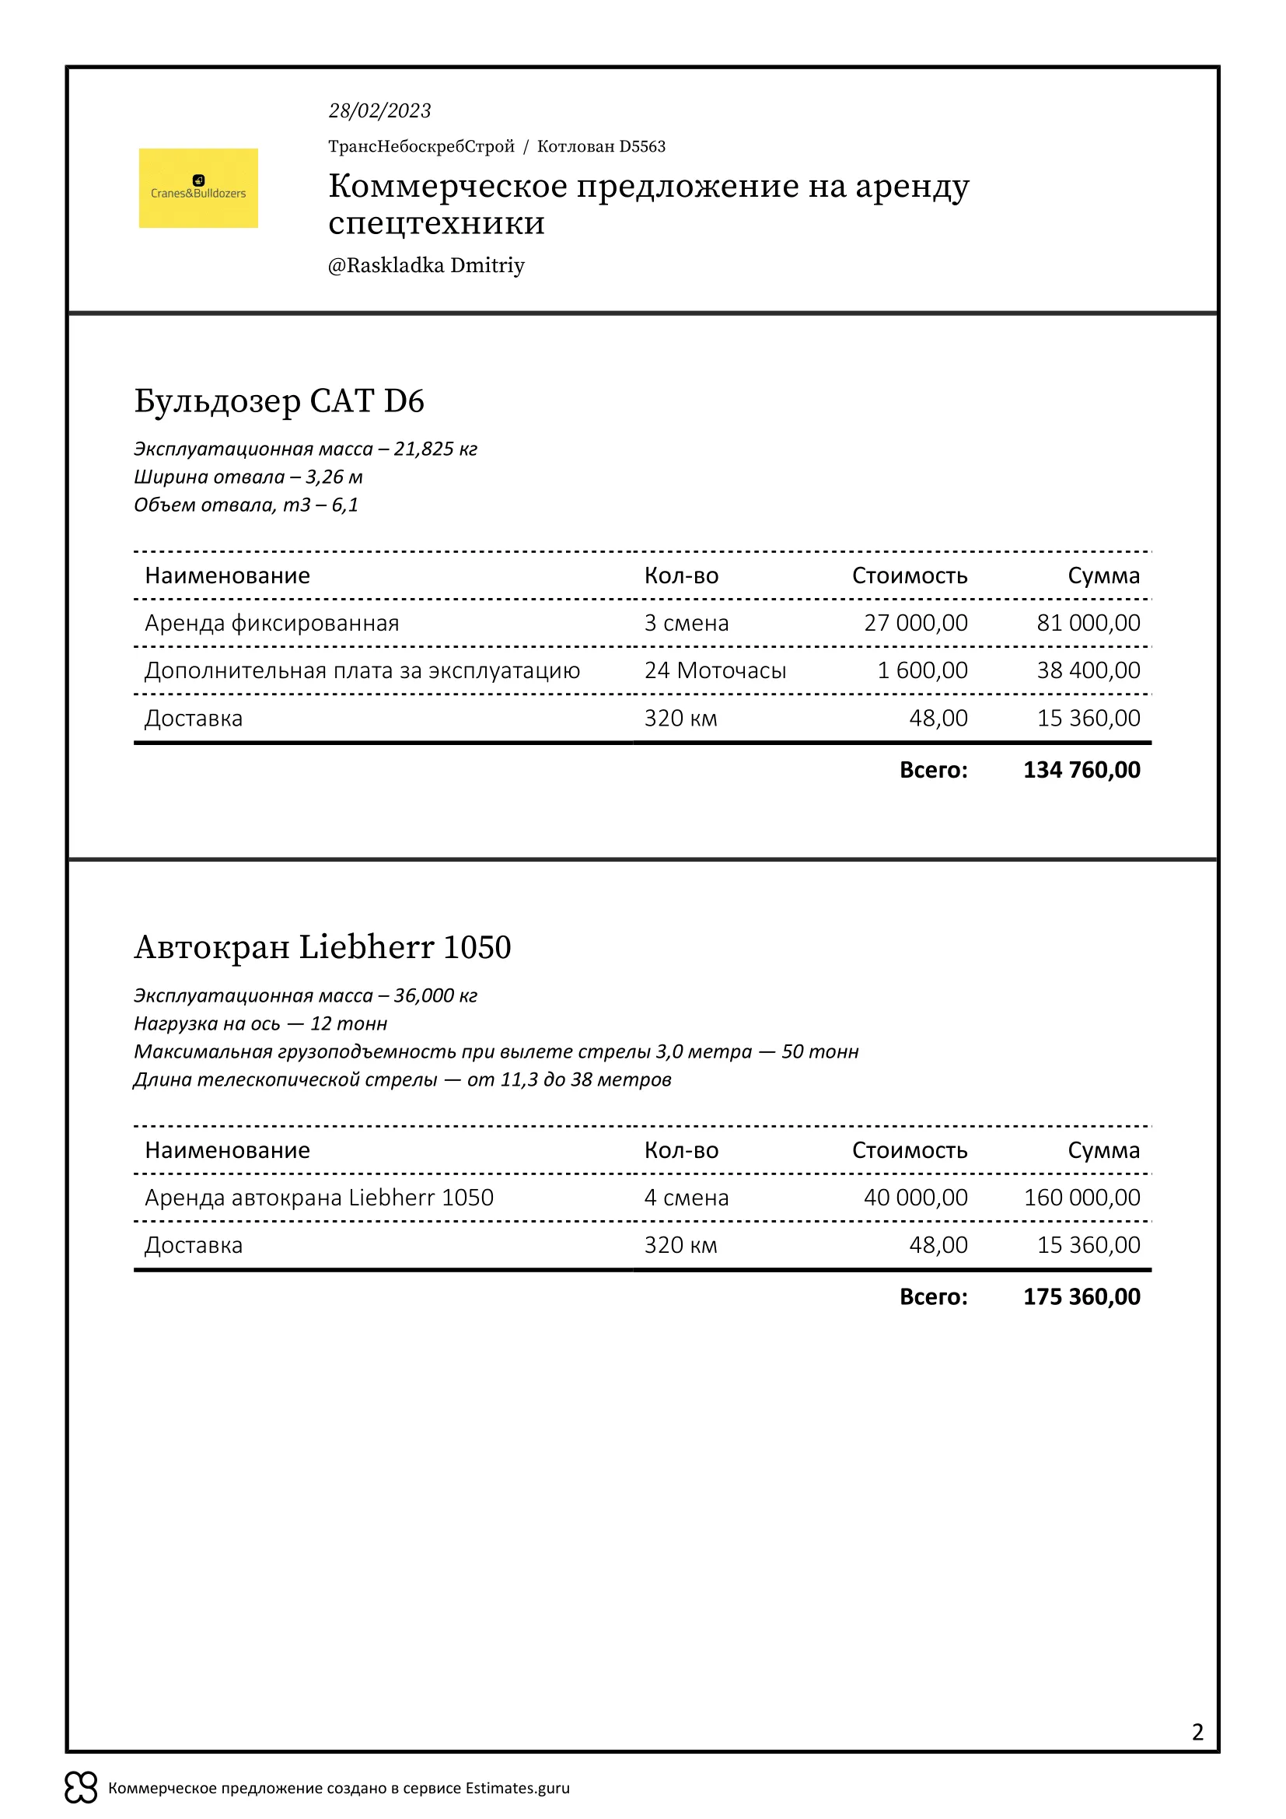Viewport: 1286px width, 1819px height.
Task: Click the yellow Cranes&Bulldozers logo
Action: [x=198, y=187]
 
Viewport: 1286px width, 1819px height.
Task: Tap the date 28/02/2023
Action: [x=379, y=111]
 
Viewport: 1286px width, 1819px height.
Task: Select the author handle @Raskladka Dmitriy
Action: [x=426, y=265]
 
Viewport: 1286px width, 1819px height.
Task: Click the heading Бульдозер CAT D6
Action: [x=279, y=401]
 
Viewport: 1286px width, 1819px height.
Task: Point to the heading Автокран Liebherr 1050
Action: [x=323, y=946]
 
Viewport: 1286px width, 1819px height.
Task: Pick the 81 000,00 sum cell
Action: [x=1088, y=623]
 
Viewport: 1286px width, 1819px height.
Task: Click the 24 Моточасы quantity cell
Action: [x=715, y=670]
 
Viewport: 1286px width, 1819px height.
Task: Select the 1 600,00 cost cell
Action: [x=922, y=670]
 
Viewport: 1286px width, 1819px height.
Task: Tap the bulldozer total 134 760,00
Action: [x=1081, y=769]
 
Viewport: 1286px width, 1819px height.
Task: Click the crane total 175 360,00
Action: [x=1081, y=1296]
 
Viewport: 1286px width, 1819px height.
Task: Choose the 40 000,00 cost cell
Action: [x=915, y=1197]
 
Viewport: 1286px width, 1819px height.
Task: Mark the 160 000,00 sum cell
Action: [x=1082, y=1197]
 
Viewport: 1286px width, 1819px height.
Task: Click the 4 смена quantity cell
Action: [x=686, y=1197]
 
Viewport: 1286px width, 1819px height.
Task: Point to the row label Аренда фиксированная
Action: [x=271, y=623]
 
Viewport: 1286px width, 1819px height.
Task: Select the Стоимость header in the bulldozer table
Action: [x=909, y=575]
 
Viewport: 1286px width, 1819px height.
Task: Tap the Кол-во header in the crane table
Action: [x=681, y=1149]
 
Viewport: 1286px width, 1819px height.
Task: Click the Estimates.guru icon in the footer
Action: [x=81, y=1787]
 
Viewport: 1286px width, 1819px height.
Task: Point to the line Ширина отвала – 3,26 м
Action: [x=248, y=477]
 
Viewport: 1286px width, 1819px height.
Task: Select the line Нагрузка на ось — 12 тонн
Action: [x=260, y=1023]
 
